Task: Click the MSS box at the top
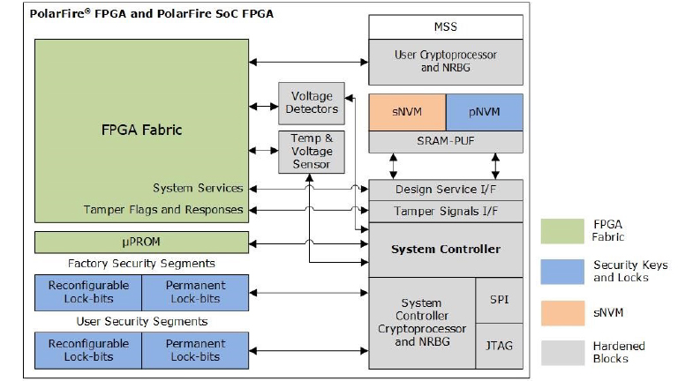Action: click(x=446, y=26)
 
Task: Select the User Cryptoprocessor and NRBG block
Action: click(x=446, y=61)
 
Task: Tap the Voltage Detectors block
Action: click(x=312, y=102)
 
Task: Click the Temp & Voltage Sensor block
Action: click(x=312, y=151)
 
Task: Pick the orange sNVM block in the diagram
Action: click(x=407, y=112)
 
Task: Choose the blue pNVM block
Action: click(x=484, y=112)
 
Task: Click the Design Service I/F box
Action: click(x=446, y=190)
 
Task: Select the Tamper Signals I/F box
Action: click(x=446, y=211)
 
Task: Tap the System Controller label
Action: click(x=446, y=249)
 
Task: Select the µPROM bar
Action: click(x=141, y=242)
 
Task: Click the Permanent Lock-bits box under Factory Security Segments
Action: click(x=195, y=291)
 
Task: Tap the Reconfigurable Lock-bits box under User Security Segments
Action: click(x=88, y=349)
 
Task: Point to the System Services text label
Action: click(x=198, y=188)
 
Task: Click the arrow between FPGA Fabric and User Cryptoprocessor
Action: click(x=308, y=62)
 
